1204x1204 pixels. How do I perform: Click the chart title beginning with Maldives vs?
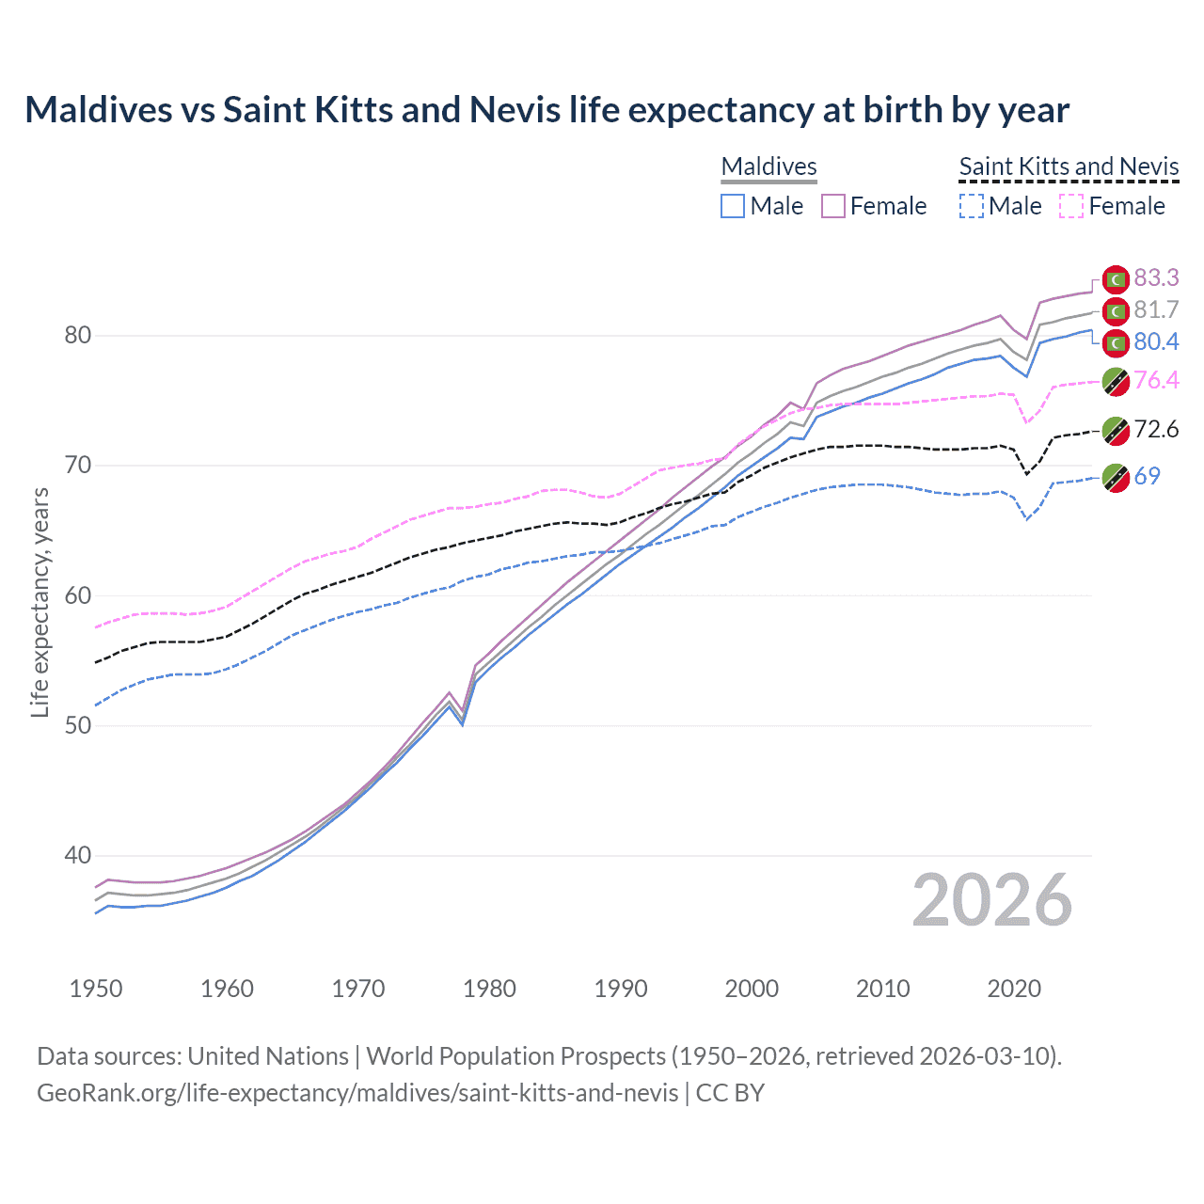pyautogui.click(x=547, y=110)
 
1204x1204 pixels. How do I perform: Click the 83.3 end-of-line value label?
pyautogui.click(x=1156, y=277)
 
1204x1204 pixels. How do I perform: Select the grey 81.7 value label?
pyautogui.click(x=1156, y=309)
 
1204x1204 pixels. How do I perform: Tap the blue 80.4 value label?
pyautogui.click(x=1156, y=341)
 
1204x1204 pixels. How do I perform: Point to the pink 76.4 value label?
pyautogui.click(x=1156, y=380)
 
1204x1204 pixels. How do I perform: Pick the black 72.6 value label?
pyautogui.click(x=1156, y=430)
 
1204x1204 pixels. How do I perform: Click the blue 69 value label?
pyautogui.click(x=1147, y=476)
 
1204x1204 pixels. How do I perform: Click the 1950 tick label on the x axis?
pyautogui.click(x=96, y=989)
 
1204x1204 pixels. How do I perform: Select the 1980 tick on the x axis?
pyautogui.click(x=489, y=989)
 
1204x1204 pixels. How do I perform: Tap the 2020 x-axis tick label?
pyautogui.click(x=1013, y=989)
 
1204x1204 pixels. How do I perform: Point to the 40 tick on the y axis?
pyautogui.click(x=77, y=856)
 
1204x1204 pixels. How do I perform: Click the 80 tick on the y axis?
pyautogui.click(x=77, y=336)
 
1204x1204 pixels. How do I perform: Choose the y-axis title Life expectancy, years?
pyautogui.click(x=40, y=602)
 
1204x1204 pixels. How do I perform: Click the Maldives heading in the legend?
pyautogui.click(x=768, y=166)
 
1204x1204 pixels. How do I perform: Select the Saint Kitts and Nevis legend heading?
pyautogui.click(x=1069, y=166)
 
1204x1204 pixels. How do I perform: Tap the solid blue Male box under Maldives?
pyautogui.click(x=733, y=206)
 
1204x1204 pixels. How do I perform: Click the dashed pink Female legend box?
pyautogui.click(x=1071, y=206)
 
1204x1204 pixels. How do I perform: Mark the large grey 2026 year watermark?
pyautogui.click(x=991, y=900)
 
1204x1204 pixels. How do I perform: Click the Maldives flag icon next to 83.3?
pyautogui.click(x=1116, y=279)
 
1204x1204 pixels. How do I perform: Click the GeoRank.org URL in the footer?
pyautogui.click(x=357, y=1093)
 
